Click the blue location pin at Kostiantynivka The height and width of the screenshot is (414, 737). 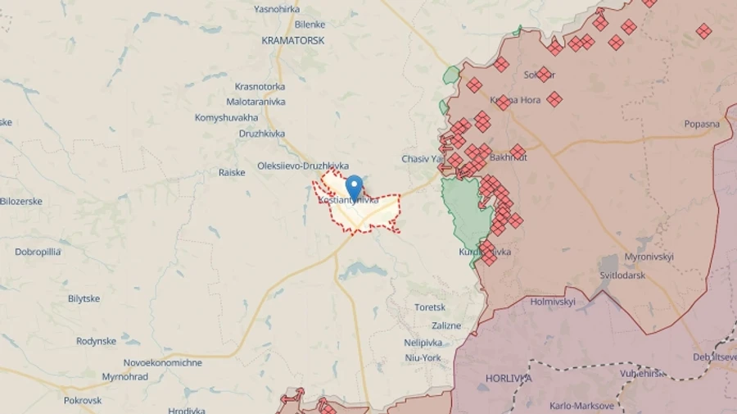tap(354, 185)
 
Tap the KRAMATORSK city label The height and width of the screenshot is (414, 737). tap(292, 40)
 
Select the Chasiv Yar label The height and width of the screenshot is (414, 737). tap(422, 158)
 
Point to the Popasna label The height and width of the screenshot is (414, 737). tap(702, 124)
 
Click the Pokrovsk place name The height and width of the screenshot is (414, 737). tap(83, 400)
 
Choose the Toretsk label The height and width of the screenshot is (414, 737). tap(429, 307)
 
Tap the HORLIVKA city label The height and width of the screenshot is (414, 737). tap(508, 378)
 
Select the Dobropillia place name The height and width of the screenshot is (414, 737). tap(38, 252)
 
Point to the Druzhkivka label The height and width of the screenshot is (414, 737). tap(262, 134)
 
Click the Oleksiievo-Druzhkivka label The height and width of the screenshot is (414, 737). tap(302, 165)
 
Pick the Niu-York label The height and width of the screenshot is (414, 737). tap(423, 357)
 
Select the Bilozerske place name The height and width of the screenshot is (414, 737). tap(21, 201)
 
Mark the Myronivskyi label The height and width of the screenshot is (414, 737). tap(649, 257)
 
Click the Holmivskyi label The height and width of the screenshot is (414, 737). tap(553, 302)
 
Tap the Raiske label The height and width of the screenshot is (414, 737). tap(232, 172)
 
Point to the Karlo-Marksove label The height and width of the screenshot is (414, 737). tap(581, 406)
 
